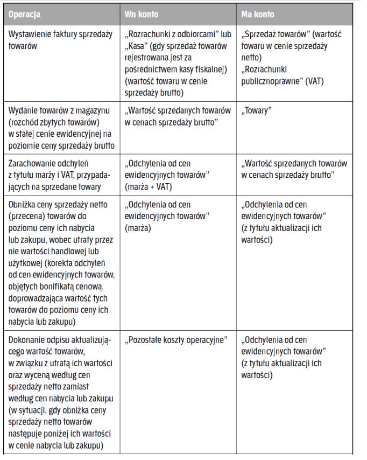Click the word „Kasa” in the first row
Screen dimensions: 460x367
click(137, 44)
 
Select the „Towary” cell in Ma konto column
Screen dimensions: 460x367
click(258, 114)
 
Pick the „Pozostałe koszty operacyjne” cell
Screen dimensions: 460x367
click(175, 341)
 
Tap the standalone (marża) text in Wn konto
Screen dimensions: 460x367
click(138, 228)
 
